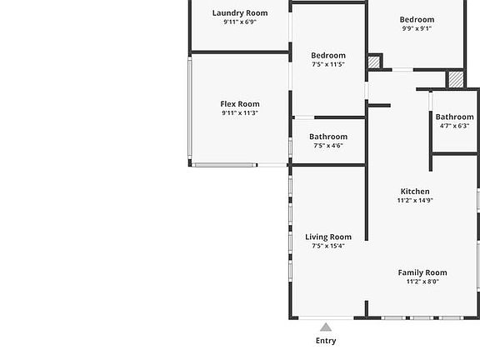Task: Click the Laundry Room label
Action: pyautogui.click(x=240, y=13)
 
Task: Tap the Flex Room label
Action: pyautogui.click(x=240, y=104)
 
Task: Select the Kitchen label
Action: pyautogui.click(x=415, y=192)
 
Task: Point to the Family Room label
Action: pyautogui.click(x=422, y=272)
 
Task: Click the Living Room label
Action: pyautogui.click(x=328, y=237)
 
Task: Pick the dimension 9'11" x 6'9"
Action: pyautogui.click(x=240, y=22)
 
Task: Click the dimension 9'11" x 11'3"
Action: pyautogui.click(x=240, y=113)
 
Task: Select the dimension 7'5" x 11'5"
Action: pyautogui.click(x=328, y=64)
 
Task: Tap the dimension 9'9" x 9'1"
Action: pyautogui.click(x=417, y=28)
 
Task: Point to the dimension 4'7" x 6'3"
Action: pyautogui.click(x=455, y=126)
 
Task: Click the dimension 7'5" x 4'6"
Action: pyautogui.click(x=328, y=146)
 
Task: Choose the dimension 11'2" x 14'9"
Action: pyautogui.click(x=415, y=201)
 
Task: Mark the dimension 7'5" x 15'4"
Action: pyautogui.click(x=328, y=246)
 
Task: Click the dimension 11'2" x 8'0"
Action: pyautogui.click(x=422, y=282)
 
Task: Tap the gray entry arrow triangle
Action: pyautogui.click(x=326, y=327)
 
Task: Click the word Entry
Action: pyautogui.click(x=326, y=341)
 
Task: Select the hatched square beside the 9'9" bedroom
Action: pyautogui.click(x=373, y=62)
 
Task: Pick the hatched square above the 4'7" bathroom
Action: pyautogui.click(x=456, y=80)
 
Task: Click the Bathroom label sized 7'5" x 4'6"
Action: pyautogui.click(x=328, y=137)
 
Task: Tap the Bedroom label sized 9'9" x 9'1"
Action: pyautogui.click(x=417, y=20)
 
